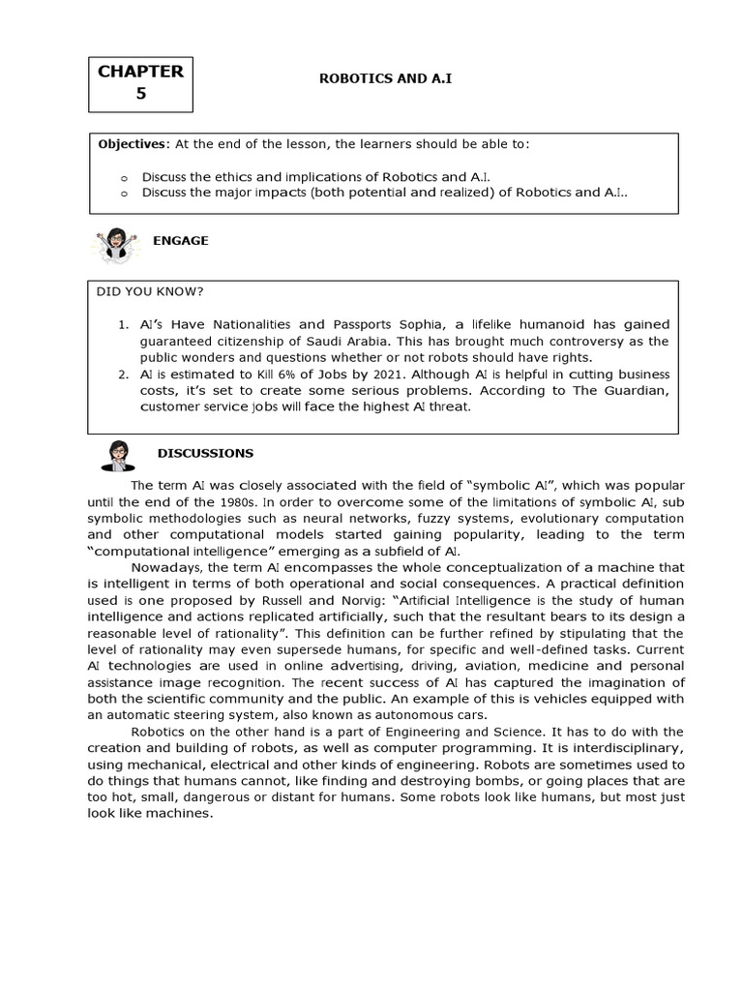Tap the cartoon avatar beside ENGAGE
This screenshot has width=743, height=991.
coord(115,245)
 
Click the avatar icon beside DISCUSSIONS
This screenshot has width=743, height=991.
coord(117,455)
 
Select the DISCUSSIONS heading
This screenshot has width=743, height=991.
coord(205,452)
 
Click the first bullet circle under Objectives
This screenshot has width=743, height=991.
coord(124,177)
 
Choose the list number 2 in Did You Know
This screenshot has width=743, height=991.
coord(121,375)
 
